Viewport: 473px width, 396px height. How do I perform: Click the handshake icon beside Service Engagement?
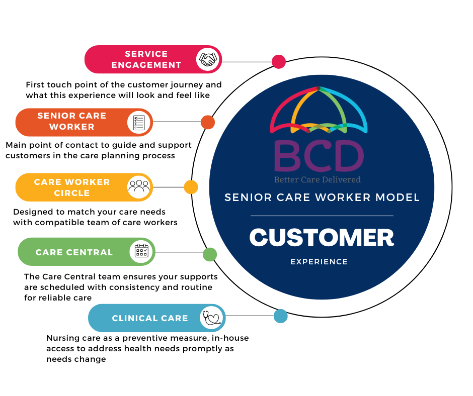(208, 60)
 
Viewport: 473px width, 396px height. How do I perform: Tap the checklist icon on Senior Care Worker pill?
(139, 122)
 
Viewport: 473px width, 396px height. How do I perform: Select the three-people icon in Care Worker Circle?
(139, 187)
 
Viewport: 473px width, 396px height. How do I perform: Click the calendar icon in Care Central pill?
(141, 251)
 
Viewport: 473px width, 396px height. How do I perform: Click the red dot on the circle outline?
(278, 62)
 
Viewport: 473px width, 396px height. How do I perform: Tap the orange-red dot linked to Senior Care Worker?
(208, 122)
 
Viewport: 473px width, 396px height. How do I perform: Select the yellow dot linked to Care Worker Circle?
(191, 187)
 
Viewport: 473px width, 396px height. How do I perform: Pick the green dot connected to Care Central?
(210, 254)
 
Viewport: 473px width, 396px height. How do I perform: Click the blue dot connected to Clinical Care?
(280, 316)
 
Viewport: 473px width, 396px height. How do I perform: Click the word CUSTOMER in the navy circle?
(322, 238)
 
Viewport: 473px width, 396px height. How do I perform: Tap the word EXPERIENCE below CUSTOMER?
(319, 262)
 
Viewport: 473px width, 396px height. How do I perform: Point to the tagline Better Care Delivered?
(317, 179)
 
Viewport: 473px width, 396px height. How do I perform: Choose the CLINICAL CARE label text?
(150, 318)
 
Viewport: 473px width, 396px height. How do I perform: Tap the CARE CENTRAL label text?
(74, 252)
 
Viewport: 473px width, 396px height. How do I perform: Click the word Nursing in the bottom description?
(62, 338)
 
